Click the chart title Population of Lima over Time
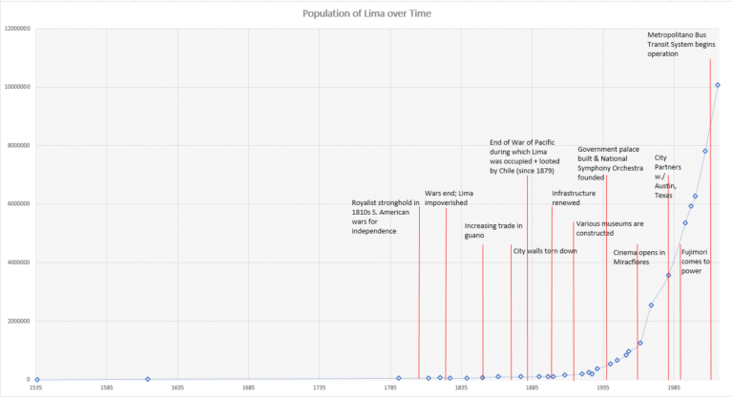click(366, 13)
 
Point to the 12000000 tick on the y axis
click(17, 29)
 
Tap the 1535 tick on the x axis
click(35, 389)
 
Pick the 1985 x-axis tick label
click(674, 389)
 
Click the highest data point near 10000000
click(718, 85)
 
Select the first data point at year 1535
click(36, 379)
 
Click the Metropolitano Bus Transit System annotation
click(682, 45)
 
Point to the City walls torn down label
click(544, 251)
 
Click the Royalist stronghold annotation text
click(385, 217)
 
